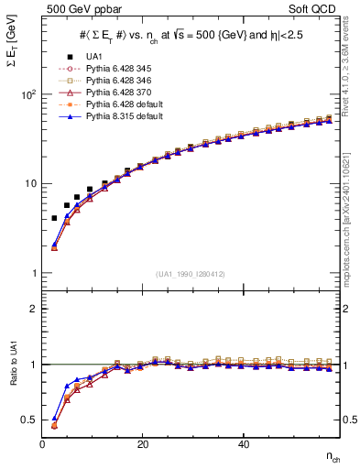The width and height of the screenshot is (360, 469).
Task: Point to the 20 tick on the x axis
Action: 142,444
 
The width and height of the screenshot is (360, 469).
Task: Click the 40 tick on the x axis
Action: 243,444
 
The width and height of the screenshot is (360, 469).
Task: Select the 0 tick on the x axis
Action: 42,444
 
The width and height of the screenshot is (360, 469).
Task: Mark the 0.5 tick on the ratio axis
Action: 32,420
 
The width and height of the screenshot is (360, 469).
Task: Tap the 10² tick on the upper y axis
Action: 27,94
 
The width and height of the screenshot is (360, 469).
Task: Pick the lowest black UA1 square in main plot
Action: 54,218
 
